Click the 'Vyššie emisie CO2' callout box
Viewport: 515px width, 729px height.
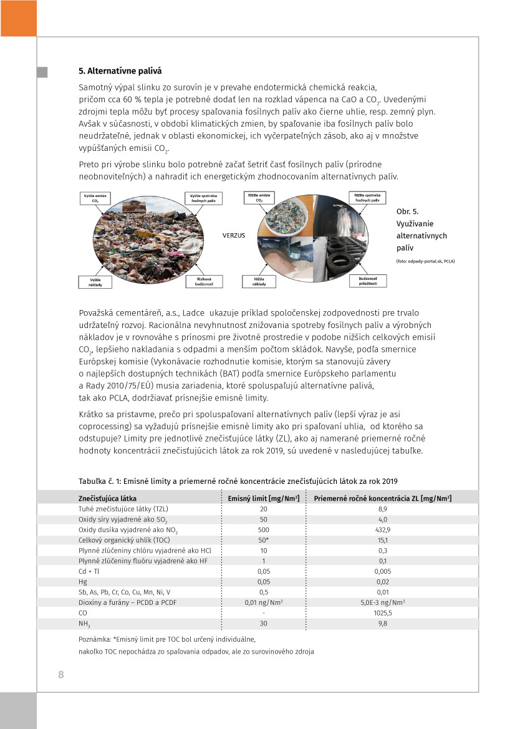pos(95,198)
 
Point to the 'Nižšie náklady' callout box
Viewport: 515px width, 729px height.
pos(260,281)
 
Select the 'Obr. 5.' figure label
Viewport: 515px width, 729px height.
pos(408,211)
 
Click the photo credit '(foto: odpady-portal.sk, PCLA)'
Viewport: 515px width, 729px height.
pos(425,261)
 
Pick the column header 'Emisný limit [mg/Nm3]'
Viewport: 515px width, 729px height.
pos(263,498)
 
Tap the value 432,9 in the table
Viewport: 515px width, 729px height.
pos(383,529)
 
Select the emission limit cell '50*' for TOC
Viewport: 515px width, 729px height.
pos(264,540)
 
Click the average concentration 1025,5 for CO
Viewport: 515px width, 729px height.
pos(383,612)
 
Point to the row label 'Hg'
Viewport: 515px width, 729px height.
pos(82,581)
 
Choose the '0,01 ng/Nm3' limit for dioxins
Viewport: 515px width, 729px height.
pos(264,602)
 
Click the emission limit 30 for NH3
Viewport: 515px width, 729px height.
pos(264,623)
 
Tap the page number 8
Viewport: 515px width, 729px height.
pos(61,675)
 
